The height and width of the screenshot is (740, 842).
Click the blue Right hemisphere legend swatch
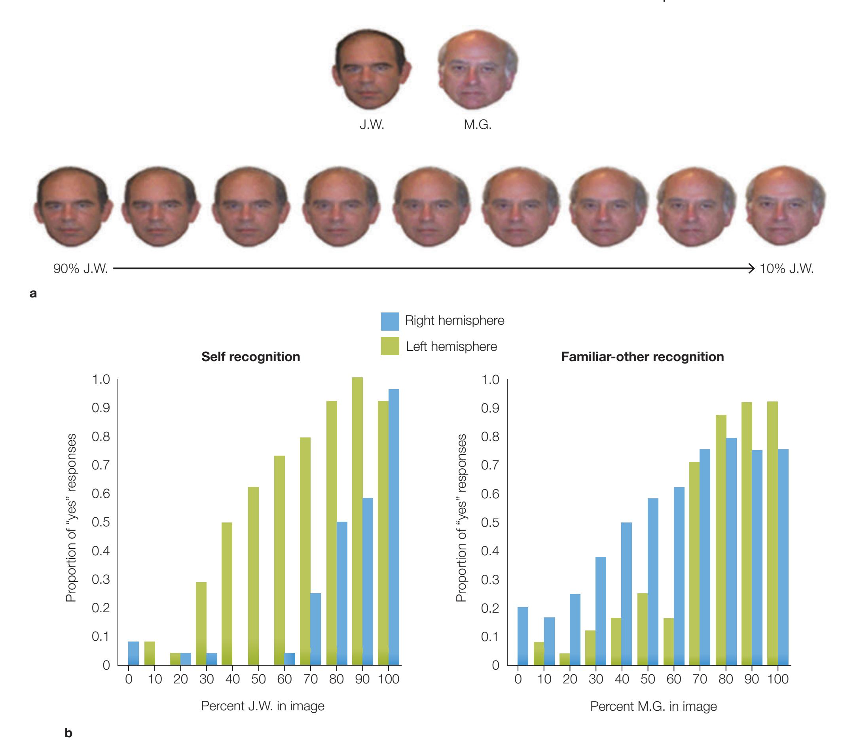pyautogui.click(x=390, y=321)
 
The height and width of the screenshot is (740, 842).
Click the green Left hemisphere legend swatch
pyautogui.click(x=390, y=346)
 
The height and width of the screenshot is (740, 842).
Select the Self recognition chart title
pyautogui.click(x=250, y=357)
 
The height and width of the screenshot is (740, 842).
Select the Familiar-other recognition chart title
pyautogui.click(x=642, y=357)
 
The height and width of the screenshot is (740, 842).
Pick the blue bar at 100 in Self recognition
pyautogui.click(x=394, y=527)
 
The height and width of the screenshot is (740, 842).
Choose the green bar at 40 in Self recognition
pyautogui.click(x=227, y=593)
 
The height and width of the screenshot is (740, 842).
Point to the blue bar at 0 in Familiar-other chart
pyautogui.click(x=523, y=636)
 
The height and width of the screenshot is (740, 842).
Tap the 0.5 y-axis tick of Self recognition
pyautogui.click(x=101, y=522)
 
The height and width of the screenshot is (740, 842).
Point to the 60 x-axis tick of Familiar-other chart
pyautogui.click(x=673, y=679)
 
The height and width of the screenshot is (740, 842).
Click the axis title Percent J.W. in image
pyautogui.click(x=262, y=706)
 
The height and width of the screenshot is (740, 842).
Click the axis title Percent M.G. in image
pyautogui.click(x=653, y=706)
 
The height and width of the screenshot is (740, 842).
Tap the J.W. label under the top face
pyautogui.click(x=372, y=124)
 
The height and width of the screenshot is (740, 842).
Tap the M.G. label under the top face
pyautogui.click(x=478, y=124)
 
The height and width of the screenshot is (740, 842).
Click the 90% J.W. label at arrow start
pyautogui.click(x=80, y=269)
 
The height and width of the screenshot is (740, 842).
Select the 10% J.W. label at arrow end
pyautogui.click(x=786, y=269)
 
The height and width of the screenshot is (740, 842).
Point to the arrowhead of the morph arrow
pyautogui.click(x=752, y=269)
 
